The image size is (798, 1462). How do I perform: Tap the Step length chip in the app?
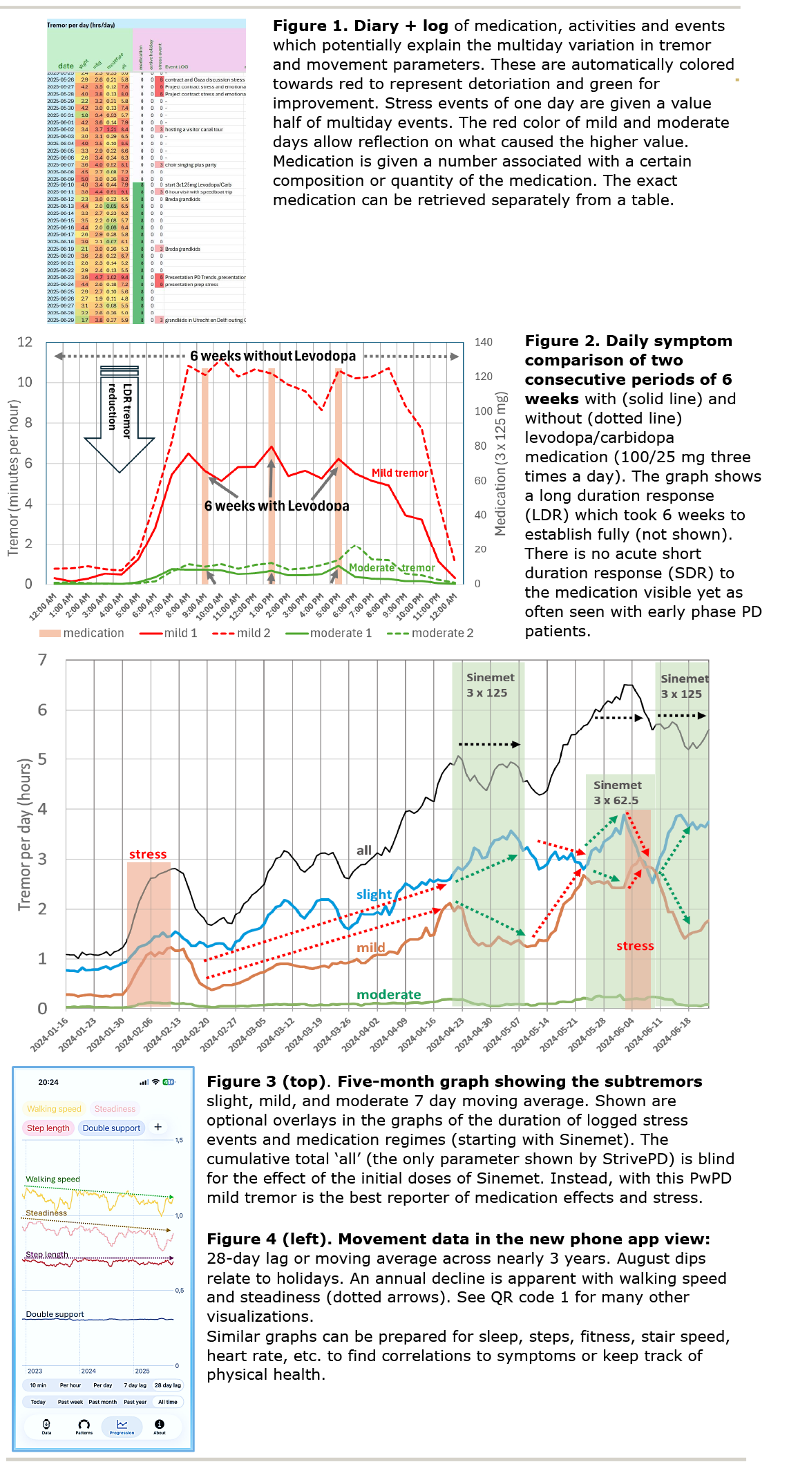[x=48, y=1128]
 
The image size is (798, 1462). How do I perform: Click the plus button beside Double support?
[x=158, y=1127]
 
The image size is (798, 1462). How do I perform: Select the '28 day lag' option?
[x=167, y=1385]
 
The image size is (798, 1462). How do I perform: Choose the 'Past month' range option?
[x=102, y=1402]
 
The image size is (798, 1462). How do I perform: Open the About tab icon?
[x=160, y=1426]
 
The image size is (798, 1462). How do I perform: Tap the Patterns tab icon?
[x=84, y=1426]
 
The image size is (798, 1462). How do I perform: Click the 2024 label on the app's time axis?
[x=88, y=1371]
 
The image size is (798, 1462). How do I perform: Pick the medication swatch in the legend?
[x=50, y=633]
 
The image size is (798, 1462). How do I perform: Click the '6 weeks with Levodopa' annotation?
[x=276, y=506]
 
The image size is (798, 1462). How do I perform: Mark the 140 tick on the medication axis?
[x=484, y=342]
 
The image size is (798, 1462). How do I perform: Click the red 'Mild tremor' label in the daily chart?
[x=399, y=473]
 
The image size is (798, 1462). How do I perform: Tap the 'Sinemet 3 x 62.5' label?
[x=617, y=792]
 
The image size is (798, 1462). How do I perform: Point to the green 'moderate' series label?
[x=388, y=994]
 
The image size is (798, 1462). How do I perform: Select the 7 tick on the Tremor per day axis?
[x=43, y=660]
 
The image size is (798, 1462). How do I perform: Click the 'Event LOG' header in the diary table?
[x=176, y=67]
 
